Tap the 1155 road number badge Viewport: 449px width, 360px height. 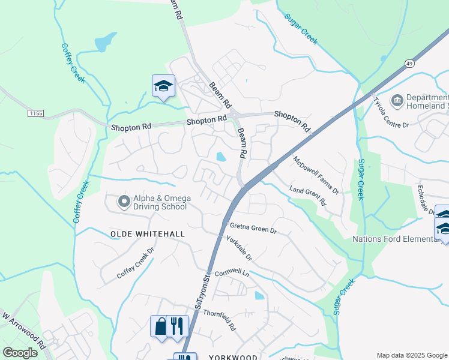37,112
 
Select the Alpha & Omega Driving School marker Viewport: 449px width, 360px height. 124,202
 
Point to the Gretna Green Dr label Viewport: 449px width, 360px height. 253,228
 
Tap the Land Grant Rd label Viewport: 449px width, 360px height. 307,195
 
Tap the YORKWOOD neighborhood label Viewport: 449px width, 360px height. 233,357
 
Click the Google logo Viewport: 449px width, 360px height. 20,353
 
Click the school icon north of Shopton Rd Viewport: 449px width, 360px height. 163,86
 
